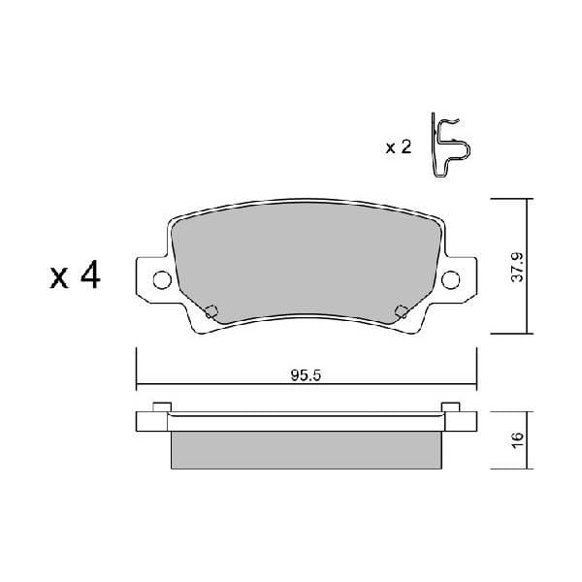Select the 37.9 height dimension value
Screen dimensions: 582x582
click(x=519, y=266)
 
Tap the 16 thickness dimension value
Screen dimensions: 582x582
click(x=519, y=437)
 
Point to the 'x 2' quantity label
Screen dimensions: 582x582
click(x=398, y=147)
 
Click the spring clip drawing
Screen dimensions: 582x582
click(x=450, y=146)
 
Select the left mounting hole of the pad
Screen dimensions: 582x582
click(x=162, y=280)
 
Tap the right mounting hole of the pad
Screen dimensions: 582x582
click(x=450, y=280)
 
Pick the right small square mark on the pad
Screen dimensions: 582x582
click(x=401, y=311)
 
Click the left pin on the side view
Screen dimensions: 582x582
click(x=164, y=406)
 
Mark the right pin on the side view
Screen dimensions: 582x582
click(x=449, y=406)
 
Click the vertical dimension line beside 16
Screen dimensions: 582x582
click(x=530, y=437)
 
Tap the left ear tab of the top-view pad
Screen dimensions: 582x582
click(x=151, y=280)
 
